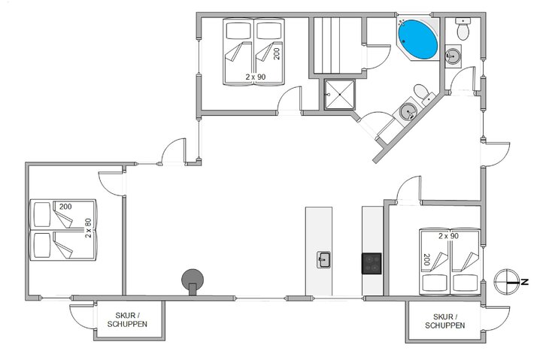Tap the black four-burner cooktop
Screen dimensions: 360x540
pyautogui.click(x=372, y=263)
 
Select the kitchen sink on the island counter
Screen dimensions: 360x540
pyautogui.click(x=324, y=260)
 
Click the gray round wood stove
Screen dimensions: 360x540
pyautogui.click(x=193, y=279)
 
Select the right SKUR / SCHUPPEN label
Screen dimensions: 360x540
pyautogui.click(x=444, y=321)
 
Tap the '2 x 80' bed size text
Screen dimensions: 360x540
pyautogui.click(x=89, y=228)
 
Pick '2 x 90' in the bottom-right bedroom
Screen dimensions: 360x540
pyautogui.click(x=448, y=236)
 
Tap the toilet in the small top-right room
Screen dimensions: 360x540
pyautogui.click(x=462, y=30)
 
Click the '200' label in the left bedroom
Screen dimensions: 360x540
pyautogui.click(x=65, y=207)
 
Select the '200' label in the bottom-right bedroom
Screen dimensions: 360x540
pyautogui.click(x=426, y=260)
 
